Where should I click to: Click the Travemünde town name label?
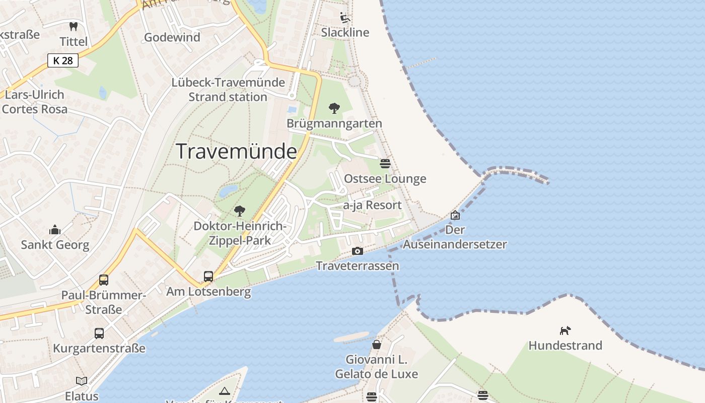click(x=236, y=151)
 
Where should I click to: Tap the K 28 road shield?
click(x=63, y=61)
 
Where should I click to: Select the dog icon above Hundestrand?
click(x=565, y=331)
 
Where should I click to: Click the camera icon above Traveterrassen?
click(x=357, y=251)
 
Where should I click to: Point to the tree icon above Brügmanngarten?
click(x=334, y=108)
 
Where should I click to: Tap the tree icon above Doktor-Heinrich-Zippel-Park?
click(x=240, y=211)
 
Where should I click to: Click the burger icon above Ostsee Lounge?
click(x=385, y=163)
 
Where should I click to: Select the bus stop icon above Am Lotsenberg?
click(x=208, y=276)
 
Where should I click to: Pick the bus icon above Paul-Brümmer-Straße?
click(x=103, y=280)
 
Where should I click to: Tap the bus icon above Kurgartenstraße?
click(x=99, y=333)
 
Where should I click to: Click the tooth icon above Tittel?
click(x=74, y=26)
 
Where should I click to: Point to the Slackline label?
click(x=345, y=32)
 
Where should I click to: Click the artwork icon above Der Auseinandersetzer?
click(x=455, y=215)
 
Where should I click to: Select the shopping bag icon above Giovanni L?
click(x=376, y=345)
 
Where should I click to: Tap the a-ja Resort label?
click(x=372, y=205)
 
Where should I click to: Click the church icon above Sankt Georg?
click(x=55, y=230)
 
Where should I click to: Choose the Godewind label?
click(x=172, y=37)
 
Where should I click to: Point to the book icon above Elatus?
click(x=82, y=381)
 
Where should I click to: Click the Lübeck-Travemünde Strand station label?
click(x=228, y=89)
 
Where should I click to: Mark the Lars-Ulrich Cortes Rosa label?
click(x=34, y=101)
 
